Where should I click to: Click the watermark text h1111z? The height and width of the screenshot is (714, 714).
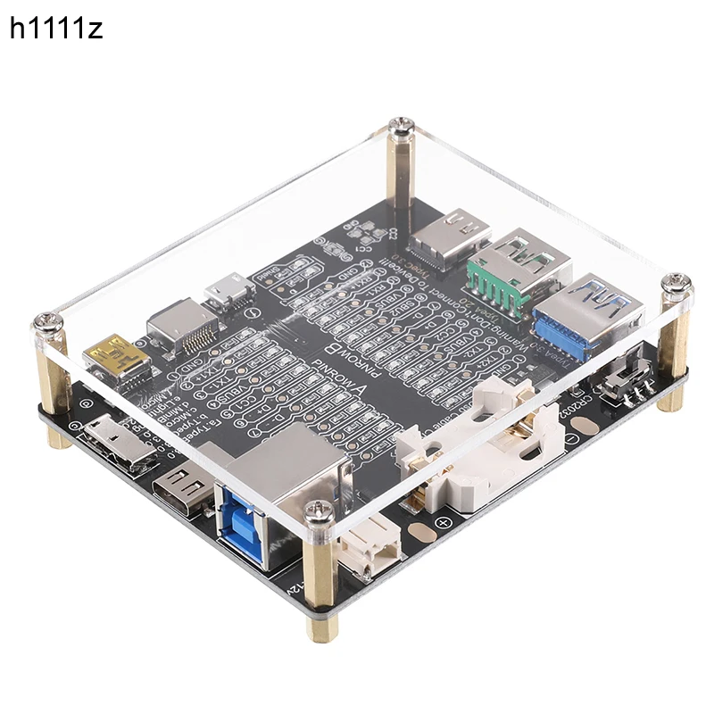[56, 29]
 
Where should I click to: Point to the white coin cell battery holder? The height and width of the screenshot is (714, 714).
[486, 451]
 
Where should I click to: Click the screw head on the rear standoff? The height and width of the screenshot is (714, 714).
[403, 129]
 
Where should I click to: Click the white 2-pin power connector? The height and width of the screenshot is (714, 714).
[366, 545]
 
